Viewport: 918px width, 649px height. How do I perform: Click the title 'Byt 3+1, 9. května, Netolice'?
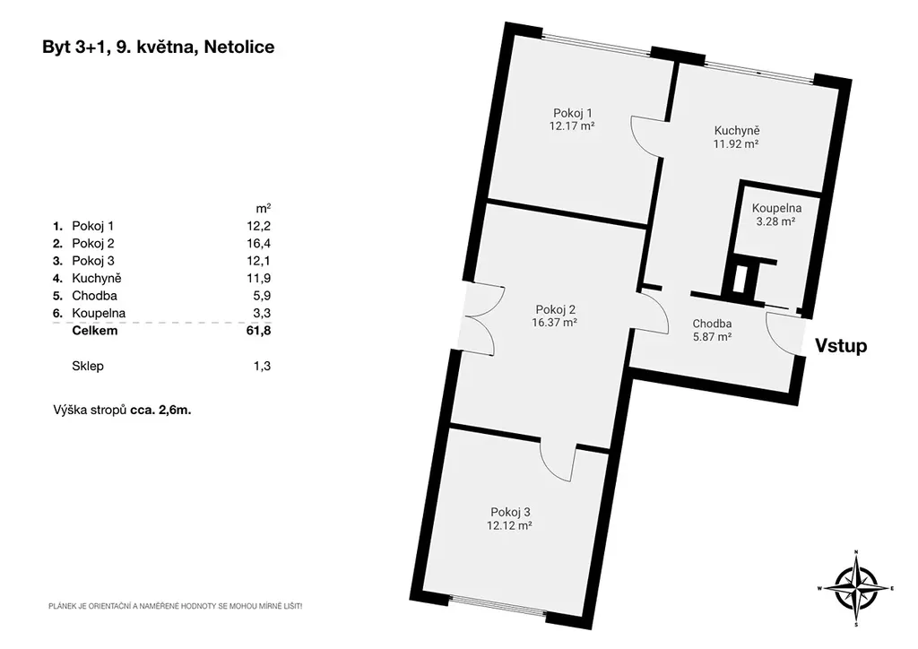[x=158, y=48]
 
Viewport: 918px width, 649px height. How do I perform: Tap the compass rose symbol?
[x=855, y=587]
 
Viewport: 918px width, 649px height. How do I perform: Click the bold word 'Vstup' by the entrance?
[x=841, y=346]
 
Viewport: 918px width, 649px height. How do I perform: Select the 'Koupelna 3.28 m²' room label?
[x=776, y=214]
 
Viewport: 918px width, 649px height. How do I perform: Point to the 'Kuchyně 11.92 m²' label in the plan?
[x=736, y=137]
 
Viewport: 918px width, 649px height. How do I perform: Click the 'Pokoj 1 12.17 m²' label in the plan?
[x=572, y=119]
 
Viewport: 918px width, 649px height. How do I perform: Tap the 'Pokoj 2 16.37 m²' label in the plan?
[x=554, y=316]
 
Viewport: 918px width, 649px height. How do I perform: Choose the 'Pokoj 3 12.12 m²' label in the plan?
[x=509, y=518]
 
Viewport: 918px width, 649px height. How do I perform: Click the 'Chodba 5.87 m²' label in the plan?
[x=712, y=330]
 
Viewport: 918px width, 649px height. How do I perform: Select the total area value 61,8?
[x=259, y=331]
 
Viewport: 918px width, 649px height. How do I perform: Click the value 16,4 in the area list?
[x=259, y=244]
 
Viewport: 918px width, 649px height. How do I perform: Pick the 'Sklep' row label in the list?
[x=88, y=367]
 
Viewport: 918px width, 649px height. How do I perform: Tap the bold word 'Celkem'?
[x=95, y=331]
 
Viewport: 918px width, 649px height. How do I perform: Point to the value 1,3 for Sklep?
[x=263, y=367]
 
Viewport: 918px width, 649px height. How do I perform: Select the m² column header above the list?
[x=264, y=208]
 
